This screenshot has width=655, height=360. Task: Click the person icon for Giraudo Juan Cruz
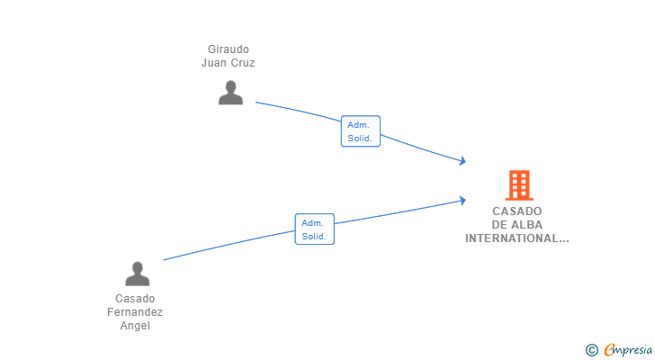(230, 93)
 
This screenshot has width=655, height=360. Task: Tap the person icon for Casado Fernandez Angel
(137, 274)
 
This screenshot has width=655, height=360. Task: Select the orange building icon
(519, 185)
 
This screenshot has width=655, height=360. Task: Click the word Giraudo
(229, 49)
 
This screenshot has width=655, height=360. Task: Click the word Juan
(214, 63)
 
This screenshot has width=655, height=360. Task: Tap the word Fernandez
(135, 312)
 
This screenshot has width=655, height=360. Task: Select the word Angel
(135, 326)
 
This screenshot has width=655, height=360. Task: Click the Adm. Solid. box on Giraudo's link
(361, 131)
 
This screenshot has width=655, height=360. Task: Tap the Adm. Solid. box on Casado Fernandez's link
(315, 229)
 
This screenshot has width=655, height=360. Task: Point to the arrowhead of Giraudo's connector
(462, 161)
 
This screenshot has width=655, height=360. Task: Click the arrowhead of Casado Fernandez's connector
(462, 201)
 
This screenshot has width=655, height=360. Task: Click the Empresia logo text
(628, 349)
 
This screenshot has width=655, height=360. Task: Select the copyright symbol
(591, 350)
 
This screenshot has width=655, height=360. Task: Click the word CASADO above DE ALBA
(517, 211)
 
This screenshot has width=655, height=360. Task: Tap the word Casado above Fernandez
(135, 299)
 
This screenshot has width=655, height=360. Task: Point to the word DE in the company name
(499, 225)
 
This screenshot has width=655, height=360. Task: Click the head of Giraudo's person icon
(230, 86)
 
